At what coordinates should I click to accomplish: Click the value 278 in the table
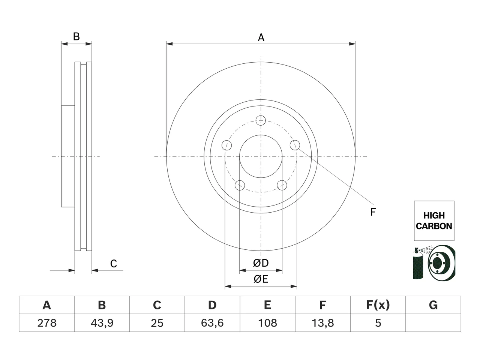point(47,323)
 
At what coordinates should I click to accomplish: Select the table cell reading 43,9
point(102,323)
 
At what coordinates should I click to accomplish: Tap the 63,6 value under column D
point(212,323)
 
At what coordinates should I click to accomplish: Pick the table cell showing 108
point(267,323)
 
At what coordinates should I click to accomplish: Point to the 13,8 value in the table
point(322,323)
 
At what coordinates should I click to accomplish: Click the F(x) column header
point(378,305)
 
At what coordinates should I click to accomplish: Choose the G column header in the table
point(433,305)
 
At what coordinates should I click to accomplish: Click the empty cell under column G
point(433,323)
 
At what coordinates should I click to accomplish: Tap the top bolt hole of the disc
point(261,120)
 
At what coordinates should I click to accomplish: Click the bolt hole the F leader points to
point(295,145)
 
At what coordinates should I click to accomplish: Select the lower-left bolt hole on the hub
point(240,185)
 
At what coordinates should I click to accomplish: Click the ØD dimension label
point(261,263)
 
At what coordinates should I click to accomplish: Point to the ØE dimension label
point(261,279)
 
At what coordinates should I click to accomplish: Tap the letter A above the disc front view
point(261,37)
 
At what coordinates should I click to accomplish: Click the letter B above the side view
point(76,36)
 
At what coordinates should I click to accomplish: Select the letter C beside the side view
point(114,264)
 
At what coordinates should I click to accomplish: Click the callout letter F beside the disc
point(373,212)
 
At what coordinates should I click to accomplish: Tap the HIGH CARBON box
point(434,221)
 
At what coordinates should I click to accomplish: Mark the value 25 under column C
point(157,323)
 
